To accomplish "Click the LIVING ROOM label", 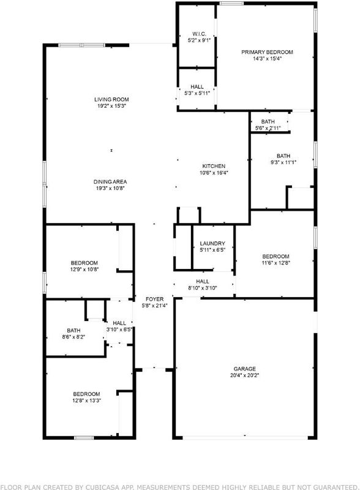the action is coord(111,99).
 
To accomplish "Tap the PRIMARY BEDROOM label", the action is coord(267,52).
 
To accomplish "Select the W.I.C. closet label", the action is coord(199,34).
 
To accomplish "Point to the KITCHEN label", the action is coord(214,166).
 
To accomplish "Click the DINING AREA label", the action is coord(110,182).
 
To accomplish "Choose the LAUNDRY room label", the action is coord(212,243).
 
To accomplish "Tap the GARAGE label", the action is coord(245,369).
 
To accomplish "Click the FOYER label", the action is coord(155,299).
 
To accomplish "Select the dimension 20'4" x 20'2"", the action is coord(245,375).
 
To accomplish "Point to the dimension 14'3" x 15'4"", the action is coord(268,58).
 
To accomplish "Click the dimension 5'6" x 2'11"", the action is coord(268,128).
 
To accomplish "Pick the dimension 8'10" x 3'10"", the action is coord(203,288).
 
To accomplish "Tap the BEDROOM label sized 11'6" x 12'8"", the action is coord(276,257).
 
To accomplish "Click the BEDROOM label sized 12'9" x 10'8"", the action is coord(84,263).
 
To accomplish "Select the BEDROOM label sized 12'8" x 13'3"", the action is coord(86,394).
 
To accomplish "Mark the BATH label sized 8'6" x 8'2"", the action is coord(73,331).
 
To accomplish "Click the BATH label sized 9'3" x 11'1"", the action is coord(283,156).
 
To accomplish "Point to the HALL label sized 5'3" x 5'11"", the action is coord(197,87).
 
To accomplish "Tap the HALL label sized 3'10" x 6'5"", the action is coord(119,323).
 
